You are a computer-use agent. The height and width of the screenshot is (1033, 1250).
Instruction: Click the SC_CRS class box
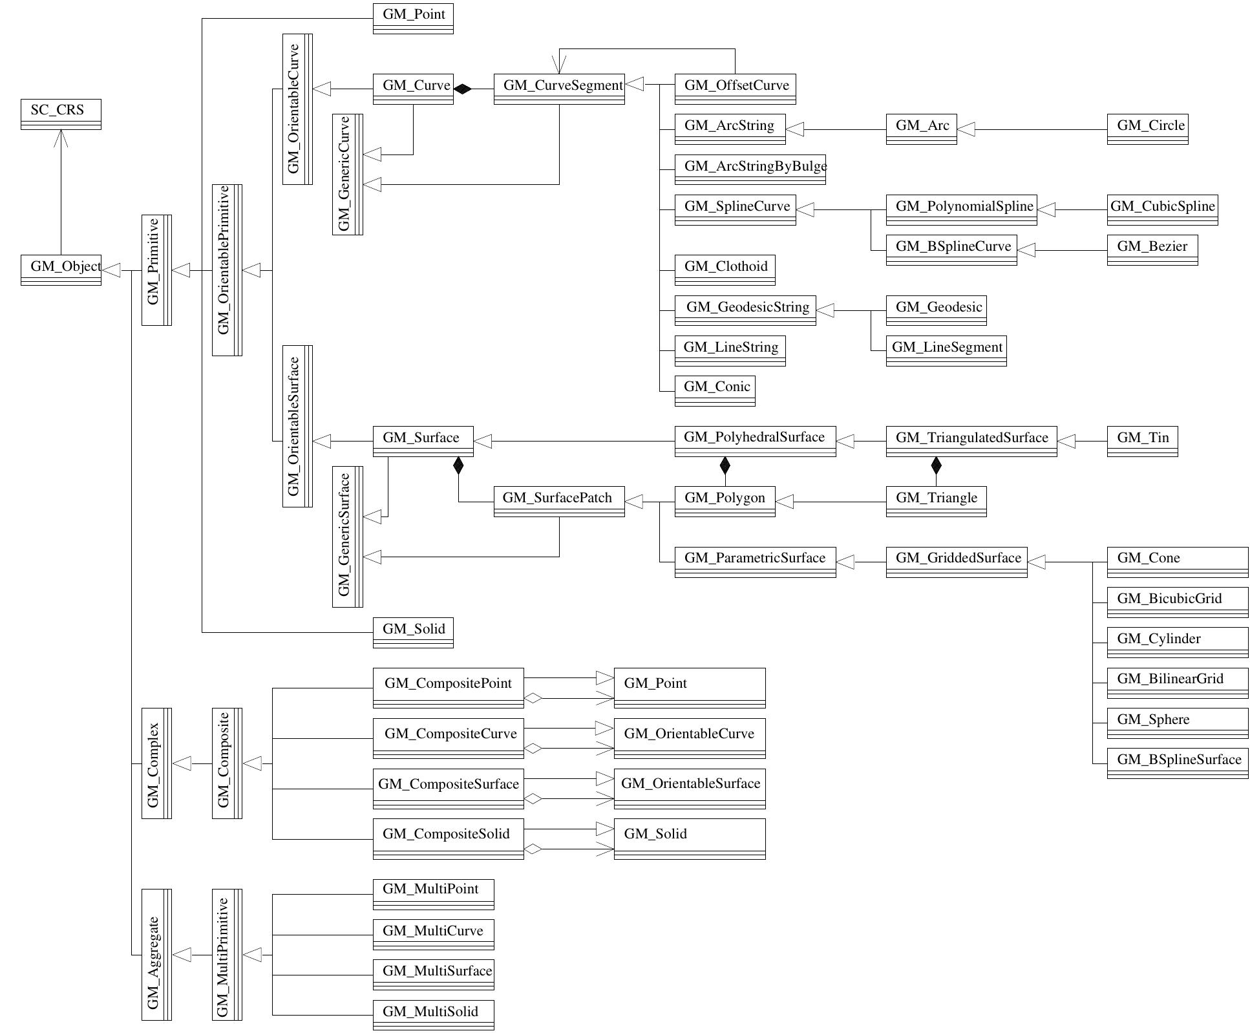(61, 114)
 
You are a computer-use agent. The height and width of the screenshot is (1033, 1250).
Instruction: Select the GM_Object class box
(61, 270)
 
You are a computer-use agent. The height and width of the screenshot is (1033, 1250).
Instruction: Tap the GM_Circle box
(1147, 129)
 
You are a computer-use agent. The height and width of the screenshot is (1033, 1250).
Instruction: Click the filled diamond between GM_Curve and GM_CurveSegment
(463, 89)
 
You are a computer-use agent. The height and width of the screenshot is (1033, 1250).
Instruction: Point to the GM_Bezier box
(1152, 250)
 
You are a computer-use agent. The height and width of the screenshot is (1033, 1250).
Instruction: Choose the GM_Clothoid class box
(724, 270)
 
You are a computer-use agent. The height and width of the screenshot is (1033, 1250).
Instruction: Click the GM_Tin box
(1141, 441)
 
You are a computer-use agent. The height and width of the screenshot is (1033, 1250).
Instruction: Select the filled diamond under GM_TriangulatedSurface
(935, 465)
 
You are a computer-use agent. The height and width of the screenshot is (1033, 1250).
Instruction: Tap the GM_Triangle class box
(935, 501)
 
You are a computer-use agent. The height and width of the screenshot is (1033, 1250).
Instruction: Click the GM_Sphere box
(1177, 723)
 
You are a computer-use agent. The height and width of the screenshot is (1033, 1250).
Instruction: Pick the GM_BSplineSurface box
(1177, 763)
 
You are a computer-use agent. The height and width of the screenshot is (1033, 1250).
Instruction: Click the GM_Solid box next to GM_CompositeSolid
(689, 838)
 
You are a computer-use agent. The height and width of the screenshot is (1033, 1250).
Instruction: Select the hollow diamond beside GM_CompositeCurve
(533, 749)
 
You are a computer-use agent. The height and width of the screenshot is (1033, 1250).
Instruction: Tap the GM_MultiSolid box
(433, 1014)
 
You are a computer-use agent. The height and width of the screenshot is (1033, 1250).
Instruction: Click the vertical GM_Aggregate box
(156, 954)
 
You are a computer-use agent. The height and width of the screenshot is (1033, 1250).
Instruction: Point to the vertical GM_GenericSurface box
(347, 536)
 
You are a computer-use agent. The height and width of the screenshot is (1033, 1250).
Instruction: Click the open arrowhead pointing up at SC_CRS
(61, 138)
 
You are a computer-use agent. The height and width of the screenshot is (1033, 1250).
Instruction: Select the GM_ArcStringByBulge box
(750, 169)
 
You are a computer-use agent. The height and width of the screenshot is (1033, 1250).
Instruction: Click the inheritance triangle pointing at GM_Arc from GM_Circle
(966, 130)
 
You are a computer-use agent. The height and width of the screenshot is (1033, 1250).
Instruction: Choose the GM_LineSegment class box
(946, 350)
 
